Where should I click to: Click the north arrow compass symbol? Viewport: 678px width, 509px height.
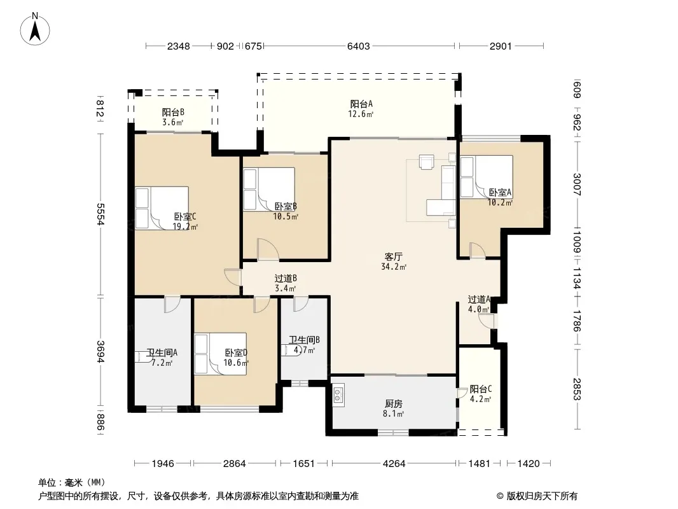[x=35, y=29]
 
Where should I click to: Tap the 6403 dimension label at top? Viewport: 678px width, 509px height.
[x=359, y=46]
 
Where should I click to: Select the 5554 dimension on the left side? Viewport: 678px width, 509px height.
[x=100, y=214]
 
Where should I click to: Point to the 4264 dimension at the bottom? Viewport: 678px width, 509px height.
[x=394, y=464]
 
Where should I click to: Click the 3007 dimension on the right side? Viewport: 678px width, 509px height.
[x=577, y=184]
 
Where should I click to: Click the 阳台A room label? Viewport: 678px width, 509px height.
[x=361, y=104]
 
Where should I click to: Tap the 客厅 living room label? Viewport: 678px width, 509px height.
[x=393, y=256]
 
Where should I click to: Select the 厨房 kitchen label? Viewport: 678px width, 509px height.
[x=393, y=403]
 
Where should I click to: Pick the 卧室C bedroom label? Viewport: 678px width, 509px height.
[x=185, y=216]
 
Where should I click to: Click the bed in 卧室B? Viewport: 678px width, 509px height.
[x=269, y=189]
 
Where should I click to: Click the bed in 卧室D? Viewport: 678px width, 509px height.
[x=221, y=353]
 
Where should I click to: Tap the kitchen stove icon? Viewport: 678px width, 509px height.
[x=338, y=394]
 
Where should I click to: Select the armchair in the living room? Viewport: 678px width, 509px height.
[x=427, y=162]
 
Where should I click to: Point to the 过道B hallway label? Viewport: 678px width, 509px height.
[x=286, y=279]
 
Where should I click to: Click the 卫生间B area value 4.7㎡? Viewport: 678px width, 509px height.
[x=305, y=351]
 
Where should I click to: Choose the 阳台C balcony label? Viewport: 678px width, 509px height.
[x=480, y=389]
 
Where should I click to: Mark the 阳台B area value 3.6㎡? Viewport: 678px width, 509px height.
[x=172, y=122]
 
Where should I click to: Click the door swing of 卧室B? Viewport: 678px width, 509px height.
[x=268, y=249]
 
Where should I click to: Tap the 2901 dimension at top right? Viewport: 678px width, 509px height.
[x=501, y=46]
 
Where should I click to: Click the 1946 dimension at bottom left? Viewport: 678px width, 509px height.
[x=163, y=464]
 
